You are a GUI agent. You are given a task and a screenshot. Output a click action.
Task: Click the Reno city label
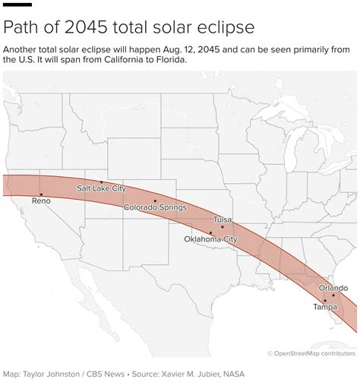41,202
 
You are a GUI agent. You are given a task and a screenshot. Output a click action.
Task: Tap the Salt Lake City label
100,188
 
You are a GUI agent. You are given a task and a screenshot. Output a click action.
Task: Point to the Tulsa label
222,219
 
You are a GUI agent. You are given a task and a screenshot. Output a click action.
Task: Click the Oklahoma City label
210,239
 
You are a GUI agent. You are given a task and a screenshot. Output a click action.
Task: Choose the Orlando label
333,288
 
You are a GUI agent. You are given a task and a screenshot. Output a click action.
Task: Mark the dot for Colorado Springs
155,200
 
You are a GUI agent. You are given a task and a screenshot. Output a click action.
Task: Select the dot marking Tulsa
223,226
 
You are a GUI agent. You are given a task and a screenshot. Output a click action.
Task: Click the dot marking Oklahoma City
210,232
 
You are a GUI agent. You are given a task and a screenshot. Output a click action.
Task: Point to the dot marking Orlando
333,295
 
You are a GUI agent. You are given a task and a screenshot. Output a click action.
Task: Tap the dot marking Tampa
325,301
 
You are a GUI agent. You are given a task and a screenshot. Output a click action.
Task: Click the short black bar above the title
17,6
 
